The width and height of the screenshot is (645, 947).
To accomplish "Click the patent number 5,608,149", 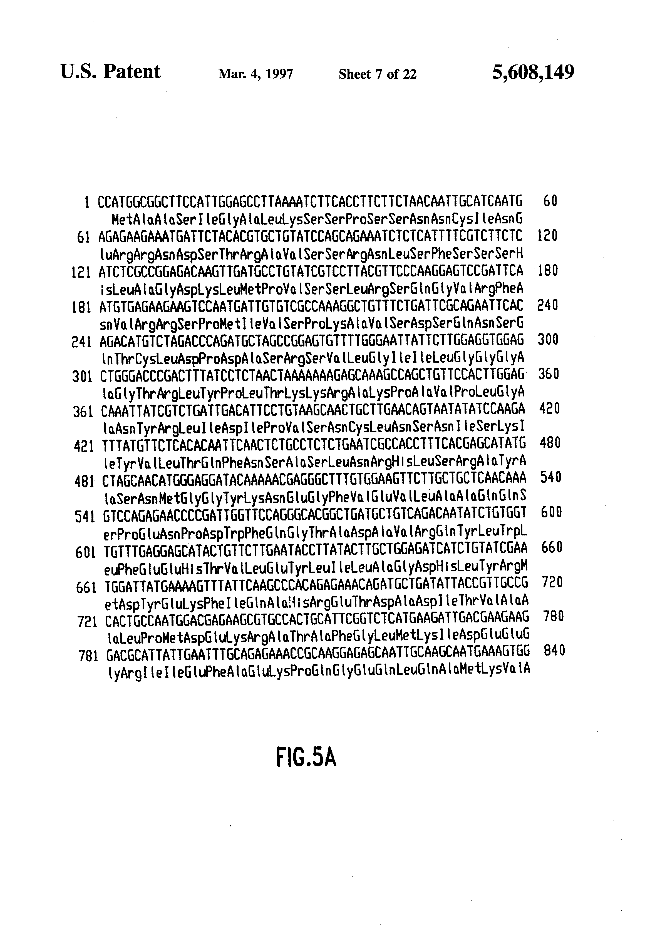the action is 533,73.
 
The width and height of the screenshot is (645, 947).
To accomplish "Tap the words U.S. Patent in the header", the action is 110,72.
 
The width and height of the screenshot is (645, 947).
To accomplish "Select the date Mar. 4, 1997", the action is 255,74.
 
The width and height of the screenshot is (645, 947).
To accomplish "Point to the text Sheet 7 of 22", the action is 378,74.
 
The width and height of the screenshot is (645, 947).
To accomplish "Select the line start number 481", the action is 85,482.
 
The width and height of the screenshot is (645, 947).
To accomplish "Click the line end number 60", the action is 550,201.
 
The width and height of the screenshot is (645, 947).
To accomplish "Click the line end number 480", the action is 550,443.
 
